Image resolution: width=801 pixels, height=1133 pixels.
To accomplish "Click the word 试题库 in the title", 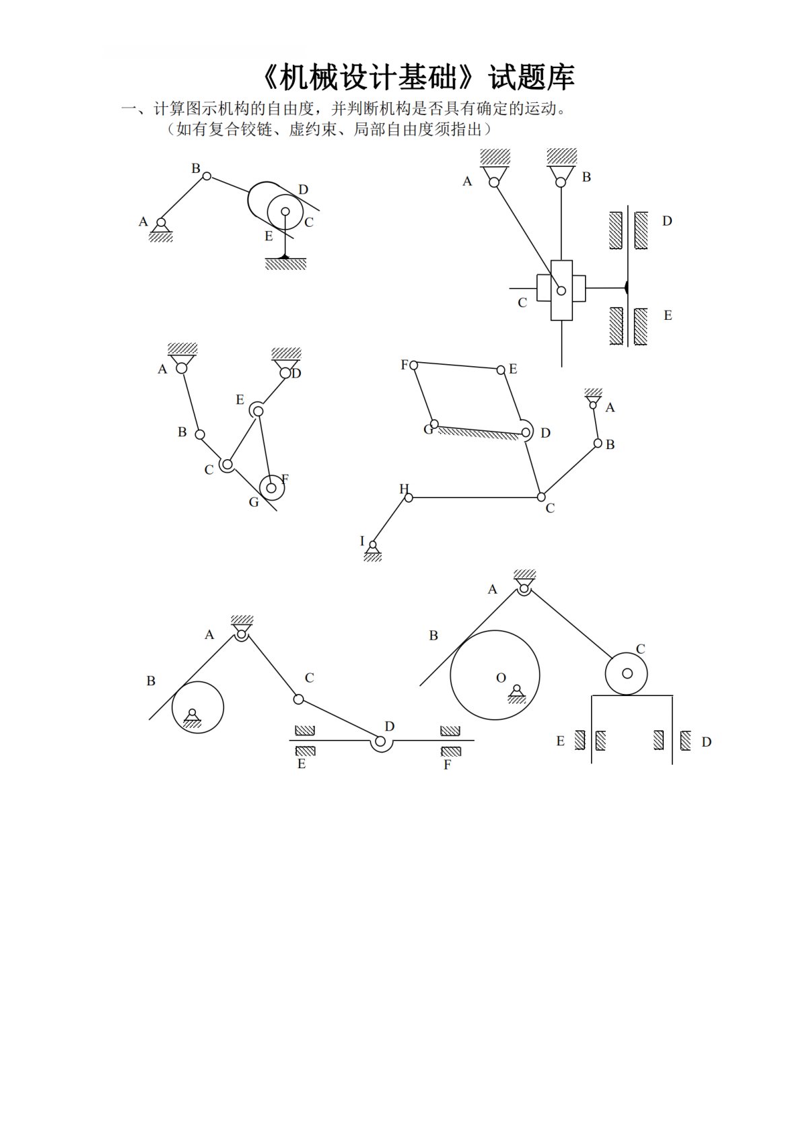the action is click(x=531, y=77).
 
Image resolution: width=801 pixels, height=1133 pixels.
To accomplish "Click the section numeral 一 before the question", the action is click(x=129, y=108).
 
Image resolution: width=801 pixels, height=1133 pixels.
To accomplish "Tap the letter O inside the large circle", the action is click(x=501, y=678).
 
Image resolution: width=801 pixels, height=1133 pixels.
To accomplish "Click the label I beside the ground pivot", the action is click(x=362, y=541).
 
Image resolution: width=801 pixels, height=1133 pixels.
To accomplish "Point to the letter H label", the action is click(x=404, y=489).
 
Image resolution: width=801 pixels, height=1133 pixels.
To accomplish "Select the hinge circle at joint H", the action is click(x=409, y=498).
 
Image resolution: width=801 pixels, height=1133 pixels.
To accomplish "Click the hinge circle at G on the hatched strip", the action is click(x=434, y=424).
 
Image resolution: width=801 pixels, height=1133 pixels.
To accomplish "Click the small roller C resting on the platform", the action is click(x=627, y=674).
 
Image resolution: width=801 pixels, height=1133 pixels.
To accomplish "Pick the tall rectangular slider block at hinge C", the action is click(x=561, y=290).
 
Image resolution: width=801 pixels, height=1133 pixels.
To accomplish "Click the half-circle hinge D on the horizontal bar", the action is click(x=382, y=747).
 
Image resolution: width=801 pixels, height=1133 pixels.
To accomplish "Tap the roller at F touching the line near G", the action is click(x=271, y=488).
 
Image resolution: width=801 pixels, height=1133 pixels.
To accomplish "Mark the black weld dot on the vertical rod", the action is click(x=626, y=288).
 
